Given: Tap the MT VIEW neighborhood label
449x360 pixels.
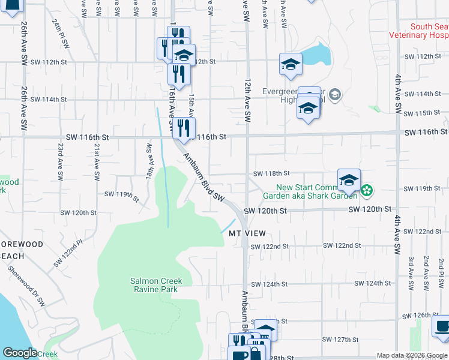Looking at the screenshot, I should [x=247, y=233].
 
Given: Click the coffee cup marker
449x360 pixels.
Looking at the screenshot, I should [x=442, y=328].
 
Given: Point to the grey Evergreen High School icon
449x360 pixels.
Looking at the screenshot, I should [x=335, y=95].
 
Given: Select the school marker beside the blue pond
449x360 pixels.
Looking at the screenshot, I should [x=291, y=65].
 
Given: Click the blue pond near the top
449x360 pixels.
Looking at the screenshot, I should [x=318, y=55].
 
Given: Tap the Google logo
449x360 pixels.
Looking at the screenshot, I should [x=20, y=353].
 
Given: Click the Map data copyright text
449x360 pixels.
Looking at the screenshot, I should [x=412, y=355].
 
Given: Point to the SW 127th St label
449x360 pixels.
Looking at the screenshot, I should [x=338, y=340].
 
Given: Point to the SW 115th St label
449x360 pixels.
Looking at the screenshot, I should [x=423, y=113].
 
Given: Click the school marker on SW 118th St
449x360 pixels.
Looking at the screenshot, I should [x=349, y=179].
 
